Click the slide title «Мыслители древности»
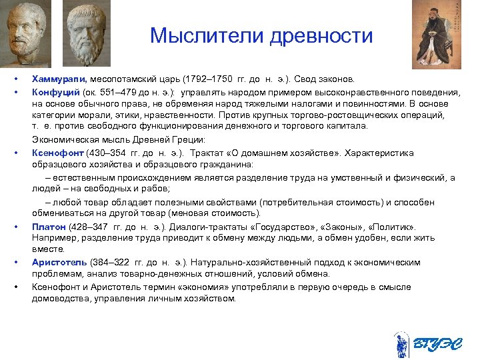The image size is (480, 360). (x=261, y=35)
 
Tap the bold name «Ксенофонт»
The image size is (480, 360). (x=57, y=152)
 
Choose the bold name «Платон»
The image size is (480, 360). (x=49, y=227)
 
